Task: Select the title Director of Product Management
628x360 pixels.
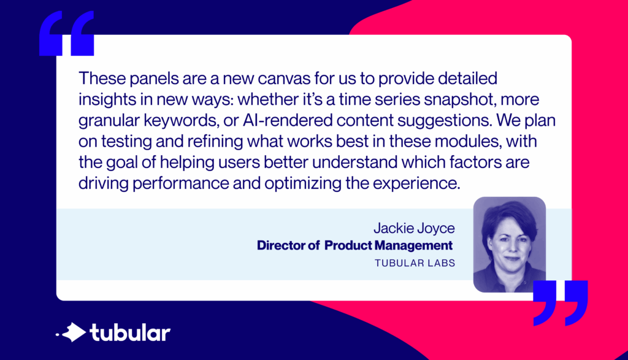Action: point(354,246)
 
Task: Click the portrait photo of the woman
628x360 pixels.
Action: point(509,244)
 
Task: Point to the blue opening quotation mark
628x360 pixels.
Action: point(66,34)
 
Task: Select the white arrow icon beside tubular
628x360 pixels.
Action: point(74,332)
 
